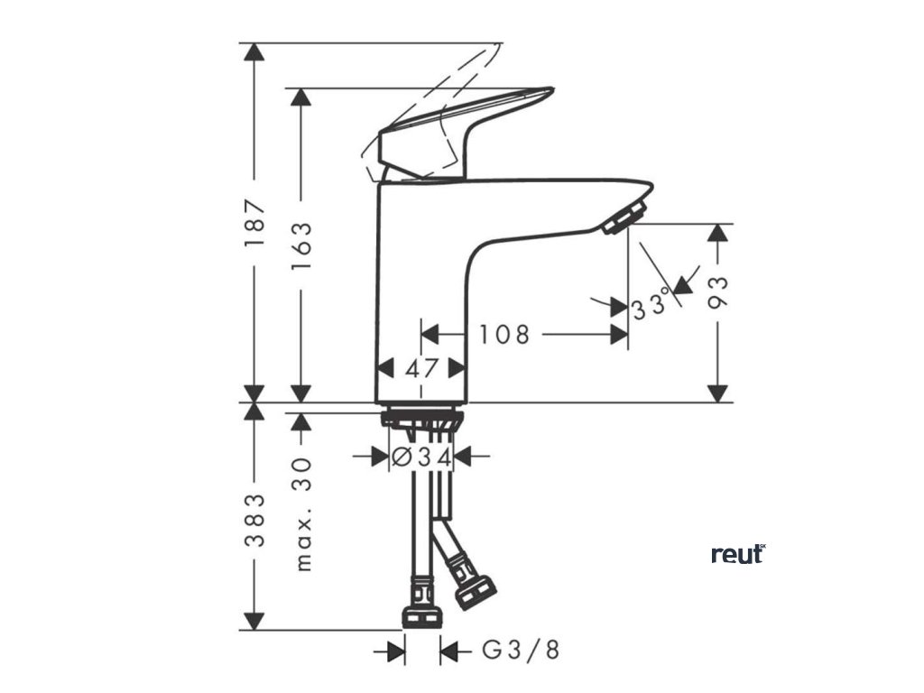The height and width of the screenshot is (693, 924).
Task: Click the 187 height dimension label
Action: coord(255,223)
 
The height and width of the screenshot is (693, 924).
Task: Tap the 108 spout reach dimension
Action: coord(504,335)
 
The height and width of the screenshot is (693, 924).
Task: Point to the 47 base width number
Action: coord(420,368)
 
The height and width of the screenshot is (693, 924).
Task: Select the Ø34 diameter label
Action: coord(420,457)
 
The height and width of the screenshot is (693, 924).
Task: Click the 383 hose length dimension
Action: coord(255,521)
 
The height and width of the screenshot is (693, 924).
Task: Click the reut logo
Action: coord(738,553)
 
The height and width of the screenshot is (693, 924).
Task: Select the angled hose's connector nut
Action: coord(474,593)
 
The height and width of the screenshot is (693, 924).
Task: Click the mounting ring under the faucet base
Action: coord(420,418)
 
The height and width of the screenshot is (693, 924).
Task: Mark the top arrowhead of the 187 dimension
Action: coord(255,52)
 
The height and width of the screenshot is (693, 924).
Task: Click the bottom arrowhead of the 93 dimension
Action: coord(717,393)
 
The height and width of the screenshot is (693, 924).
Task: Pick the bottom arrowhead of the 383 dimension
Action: coord(255,621)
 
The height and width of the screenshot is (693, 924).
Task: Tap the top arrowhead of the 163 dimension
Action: coord(301,97)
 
